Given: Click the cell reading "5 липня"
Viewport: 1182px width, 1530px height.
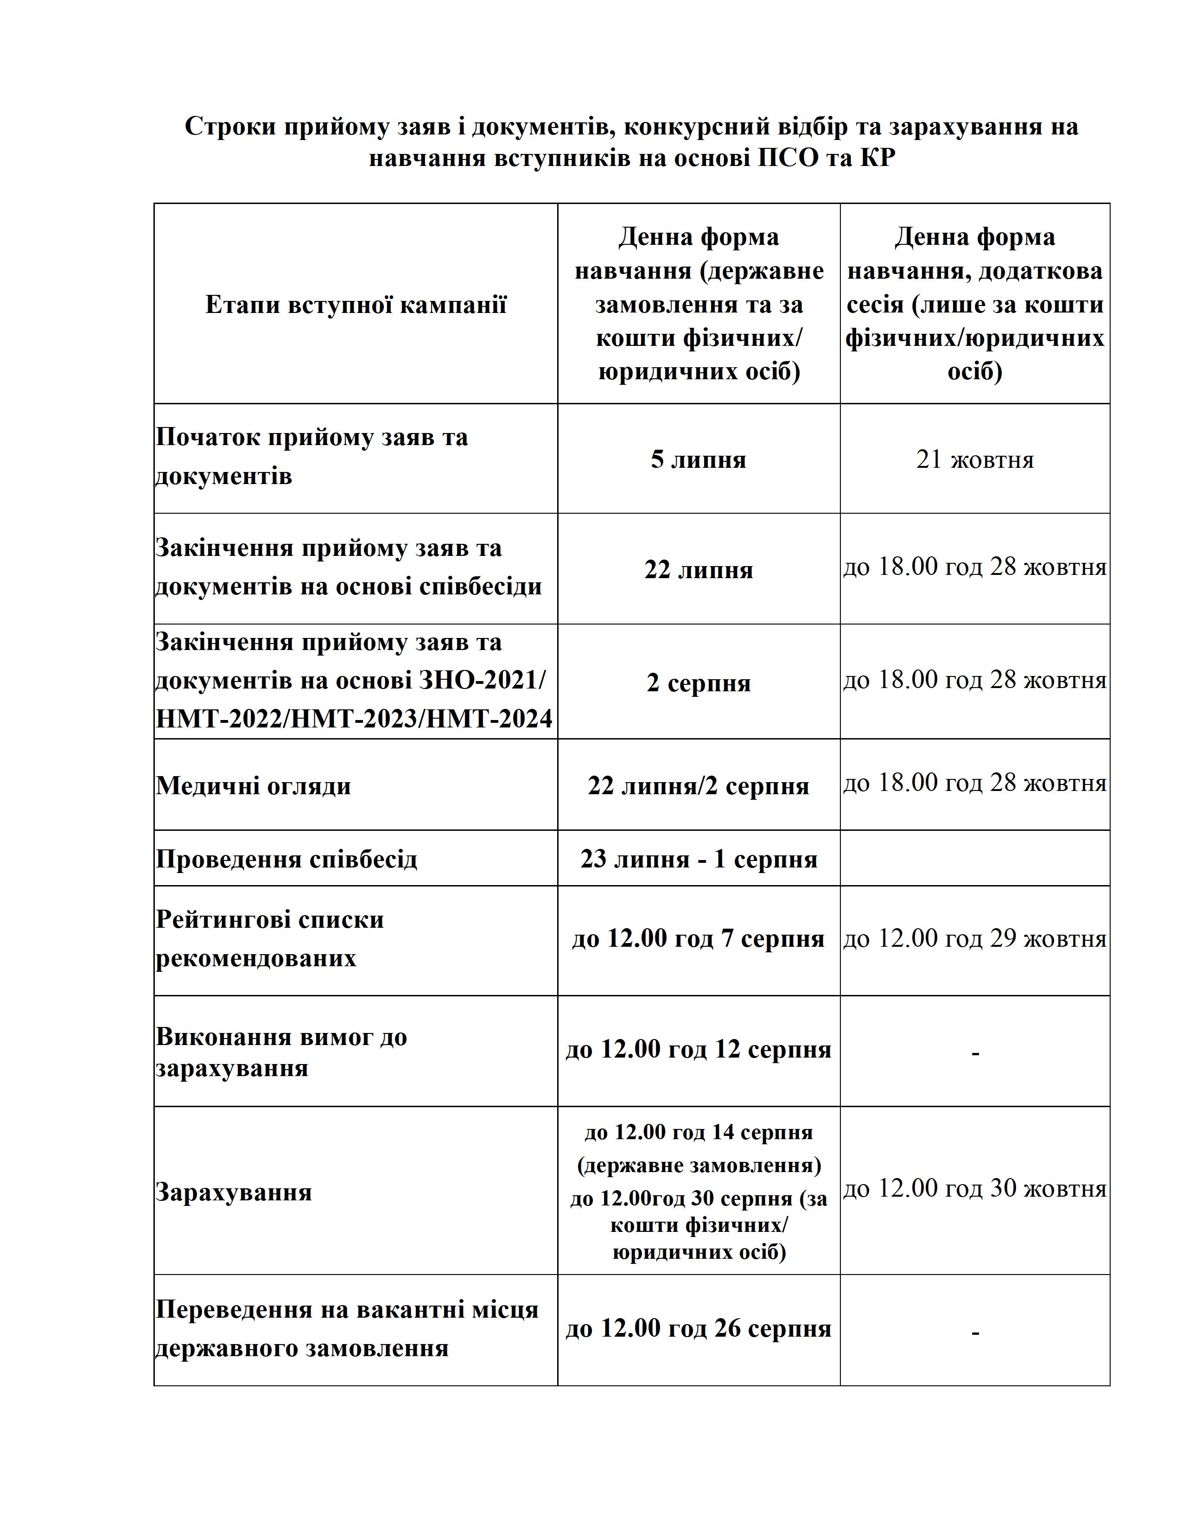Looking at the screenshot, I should (x=698, y=459).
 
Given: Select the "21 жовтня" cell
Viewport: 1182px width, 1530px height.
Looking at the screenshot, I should (x=975, y=459).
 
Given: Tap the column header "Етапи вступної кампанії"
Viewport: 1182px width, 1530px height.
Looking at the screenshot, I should (x=355, y=305).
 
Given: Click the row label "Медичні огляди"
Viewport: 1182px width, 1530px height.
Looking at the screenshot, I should (x=254, y=785).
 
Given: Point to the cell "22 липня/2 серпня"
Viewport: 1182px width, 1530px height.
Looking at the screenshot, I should (x=698, y=785).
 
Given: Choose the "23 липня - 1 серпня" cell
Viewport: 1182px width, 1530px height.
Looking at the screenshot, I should (x=698, y=859).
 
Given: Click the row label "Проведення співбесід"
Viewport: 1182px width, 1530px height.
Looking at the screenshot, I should (x=286, y=859).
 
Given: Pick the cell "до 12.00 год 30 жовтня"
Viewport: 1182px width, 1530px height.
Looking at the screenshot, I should (x=975, y=1188).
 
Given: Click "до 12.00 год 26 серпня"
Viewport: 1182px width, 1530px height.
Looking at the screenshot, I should (x=698, y=1328).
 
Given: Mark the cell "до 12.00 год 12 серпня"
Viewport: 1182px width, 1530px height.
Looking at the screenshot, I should (x=698, y=1049).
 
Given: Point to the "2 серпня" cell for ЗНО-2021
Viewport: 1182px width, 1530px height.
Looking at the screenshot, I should (x=698, y=682).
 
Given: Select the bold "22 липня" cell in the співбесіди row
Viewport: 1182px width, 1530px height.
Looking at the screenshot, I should (x=698, y=569).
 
